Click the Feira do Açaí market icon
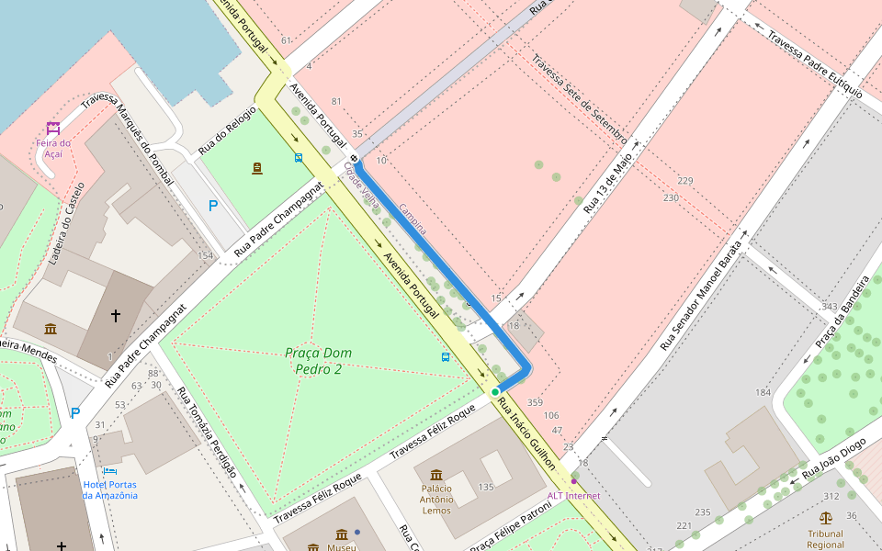point(53,128)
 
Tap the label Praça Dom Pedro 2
point(318,361)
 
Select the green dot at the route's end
point(495,392)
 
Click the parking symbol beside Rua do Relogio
point(213,206)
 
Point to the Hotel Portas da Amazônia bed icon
point(110,471)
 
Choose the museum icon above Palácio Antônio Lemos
point(436,475)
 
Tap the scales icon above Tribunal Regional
point(825,518)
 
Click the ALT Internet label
point(573,496)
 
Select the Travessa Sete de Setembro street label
point(579,100)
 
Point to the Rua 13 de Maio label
point(608,184)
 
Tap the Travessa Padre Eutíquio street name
point(815,66)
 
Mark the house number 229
point(684,181)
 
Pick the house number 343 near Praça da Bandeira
point(830,306)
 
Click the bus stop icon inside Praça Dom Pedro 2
point(446,356)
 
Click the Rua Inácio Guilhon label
point(528,440)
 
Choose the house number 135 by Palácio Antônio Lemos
point(486,487)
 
